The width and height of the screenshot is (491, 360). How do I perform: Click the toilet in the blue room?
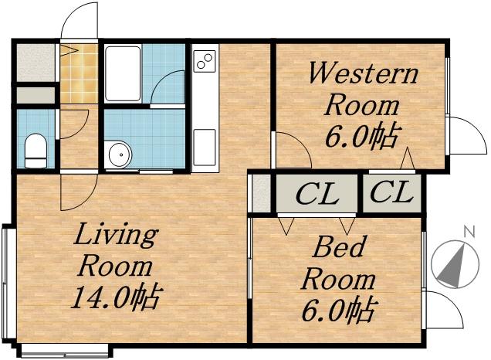click(36, 150)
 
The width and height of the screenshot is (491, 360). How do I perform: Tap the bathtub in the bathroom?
click(122, 73)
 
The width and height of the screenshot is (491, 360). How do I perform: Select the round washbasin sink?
click(118, 155)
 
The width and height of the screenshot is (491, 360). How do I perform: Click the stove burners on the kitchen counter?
click(205, 60)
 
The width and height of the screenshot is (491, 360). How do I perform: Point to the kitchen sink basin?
click(204, 147)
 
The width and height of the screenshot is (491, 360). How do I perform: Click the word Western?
click(362, 75)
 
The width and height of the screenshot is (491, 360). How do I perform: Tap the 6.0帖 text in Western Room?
click(361, 137)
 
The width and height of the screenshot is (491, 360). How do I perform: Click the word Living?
click(115, 234)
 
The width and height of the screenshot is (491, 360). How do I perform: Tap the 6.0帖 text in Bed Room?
click(337, 311)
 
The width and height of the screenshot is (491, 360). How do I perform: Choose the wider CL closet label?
click(317, 194)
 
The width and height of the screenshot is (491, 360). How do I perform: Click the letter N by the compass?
click(468, 231)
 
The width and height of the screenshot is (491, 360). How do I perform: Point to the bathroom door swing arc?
click(168, 88)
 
